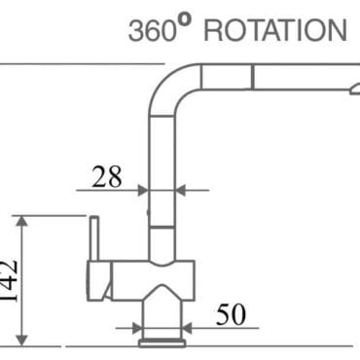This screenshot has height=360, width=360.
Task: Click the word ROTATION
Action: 275,30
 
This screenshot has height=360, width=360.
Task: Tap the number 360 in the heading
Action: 152,31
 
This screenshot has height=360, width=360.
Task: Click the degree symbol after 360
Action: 184,20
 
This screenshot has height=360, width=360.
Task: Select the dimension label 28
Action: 107,177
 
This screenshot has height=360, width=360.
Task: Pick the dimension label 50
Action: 231,314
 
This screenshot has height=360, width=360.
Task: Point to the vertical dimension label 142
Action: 9,281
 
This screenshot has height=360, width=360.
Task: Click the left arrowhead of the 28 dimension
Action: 143,191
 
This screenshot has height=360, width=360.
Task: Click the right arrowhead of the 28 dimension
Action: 180,191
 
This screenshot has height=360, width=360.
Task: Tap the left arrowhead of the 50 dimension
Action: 137,328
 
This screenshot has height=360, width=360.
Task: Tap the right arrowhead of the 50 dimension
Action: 187,328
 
